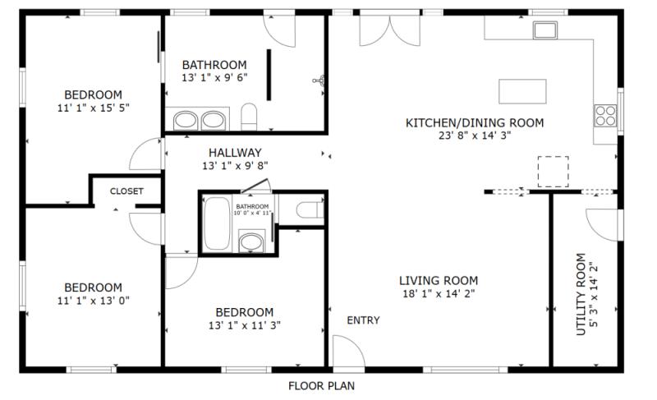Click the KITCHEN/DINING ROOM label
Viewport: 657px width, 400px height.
click(x=475, y=123)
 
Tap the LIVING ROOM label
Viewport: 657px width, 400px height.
click(x=439, y=279)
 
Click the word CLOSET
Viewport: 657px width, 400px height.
click(x=126, y=191)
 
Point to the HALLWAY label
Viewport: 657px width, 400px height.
click(x=235, y=152)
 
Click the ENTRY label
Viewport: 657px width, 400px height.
click(x=363, y=320)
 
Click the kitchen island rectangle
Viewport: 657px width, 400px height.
click(x=523, y=89)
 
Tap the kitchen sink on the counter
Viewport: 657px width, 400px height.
click(x=544, y=30)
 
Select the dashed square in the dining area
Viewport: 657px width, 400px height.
click(x=553, y=171)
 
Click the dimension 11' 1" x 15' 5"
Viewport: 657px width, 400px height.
click(x=94, y=108)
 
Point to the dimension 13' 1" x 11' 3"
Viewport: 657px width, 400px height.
click(x=244, y=325)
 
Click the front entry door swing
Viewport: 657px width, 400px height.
click(x=349, y=349)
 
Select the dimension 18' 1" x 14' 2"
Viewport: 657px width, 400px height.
click(x=439, y=293)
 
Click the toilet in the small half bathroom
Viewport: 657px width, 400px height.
click(x=307, y=210)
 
